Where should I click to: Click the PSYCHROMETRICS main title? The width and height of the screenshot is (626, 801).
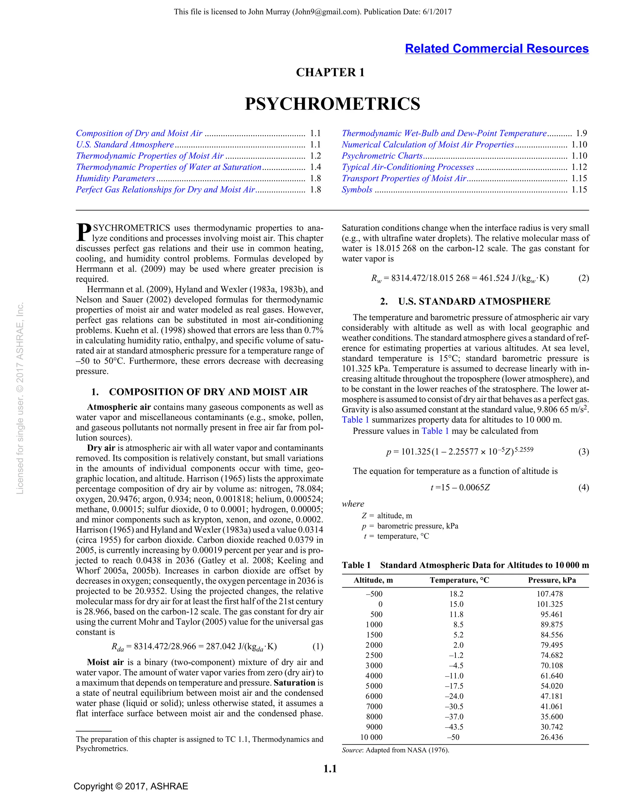tap(332, 104)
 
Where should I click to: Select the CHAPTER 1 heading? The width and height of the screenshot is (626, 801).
tap(330, 72)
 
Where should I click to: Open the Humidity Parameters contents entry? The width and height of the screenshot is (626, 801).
tap(116, 178)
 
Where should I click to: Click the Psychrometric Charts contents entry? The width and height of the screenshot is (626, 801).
tap(382, 156)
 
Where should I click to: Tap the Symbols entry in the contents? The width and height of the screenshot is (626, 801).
tap(357, 190)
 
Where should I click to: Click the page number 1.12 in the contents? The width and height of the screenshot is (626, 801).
tap(579, 167)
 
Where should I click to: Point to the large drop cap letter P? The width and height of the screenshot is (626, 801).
tap(84, 233)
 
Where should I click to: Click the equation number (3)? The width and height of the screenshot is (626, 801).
tap(584, 452)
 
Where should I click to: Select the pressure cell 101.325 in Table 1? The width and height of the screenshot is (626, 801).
tap(550, 604)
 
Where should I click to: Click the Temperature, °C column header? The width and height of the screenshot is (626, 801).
tap(459, 580)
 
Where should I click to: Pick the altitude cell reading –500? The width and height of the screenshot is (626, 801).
tap(374, 594)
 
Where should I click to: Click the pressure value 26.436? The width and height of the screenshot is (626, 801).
tap(551, 737)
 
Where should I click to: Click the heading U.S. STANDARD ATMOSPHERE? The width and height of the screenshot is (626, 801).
tap(474, 301)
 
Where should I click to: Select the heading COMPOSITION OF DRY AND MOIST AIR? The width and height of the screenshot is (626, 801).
tap(208, 392)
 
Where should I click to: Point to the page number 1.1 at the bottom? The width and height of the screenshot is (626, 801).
tap(330, 769)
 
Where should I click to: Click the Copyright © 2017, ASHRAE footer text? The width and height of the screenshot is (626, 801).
tap(131, 786)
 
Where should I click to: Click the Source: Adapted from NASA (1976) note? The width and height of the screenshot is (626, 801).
tap(395, 750)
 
